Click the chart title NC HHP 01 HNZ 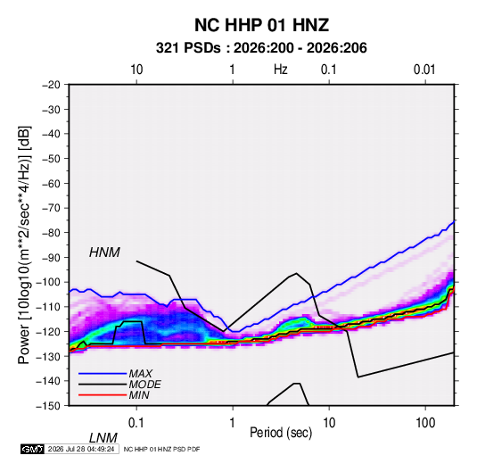click(261, 25)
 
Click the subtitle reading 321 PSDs click(188, 48)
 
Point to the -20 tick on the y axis click(51, 85)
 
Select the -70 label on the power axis click(51, 208)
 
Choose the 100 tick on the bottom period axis click(425, 423)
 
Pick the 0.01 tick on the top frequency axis click(424, 70)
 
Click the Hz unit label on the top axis click(280, 70)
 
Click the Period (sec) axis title click(281, 433)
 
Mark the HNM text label click(104, 253)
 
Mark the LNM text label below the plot click(103, 438)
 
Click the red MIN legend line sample click(103, 395)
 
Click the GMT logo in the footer click(32, 449)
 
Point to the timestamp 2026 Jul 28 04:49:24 click(81, 449)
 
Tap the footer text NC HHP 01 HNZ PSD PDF click(161, 449)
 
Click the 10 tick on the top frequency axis click(136, 70)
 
